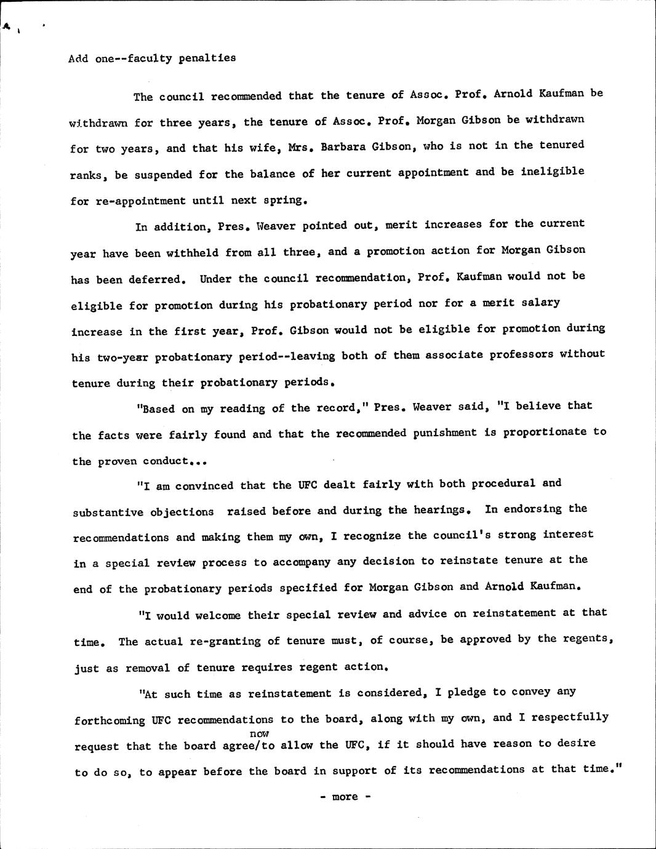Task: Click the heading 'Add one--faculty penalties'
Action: [x=152, y=58]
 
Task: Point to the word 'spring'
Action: [x=285, y=200]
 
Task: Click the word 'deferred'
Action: [x=156, y=279]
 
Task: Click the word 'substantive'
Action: [x=108, y=512]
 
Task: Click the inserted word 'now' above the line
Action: [x=260, y=733]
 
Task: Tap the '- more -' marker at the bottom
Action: [x=345, y=797]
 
